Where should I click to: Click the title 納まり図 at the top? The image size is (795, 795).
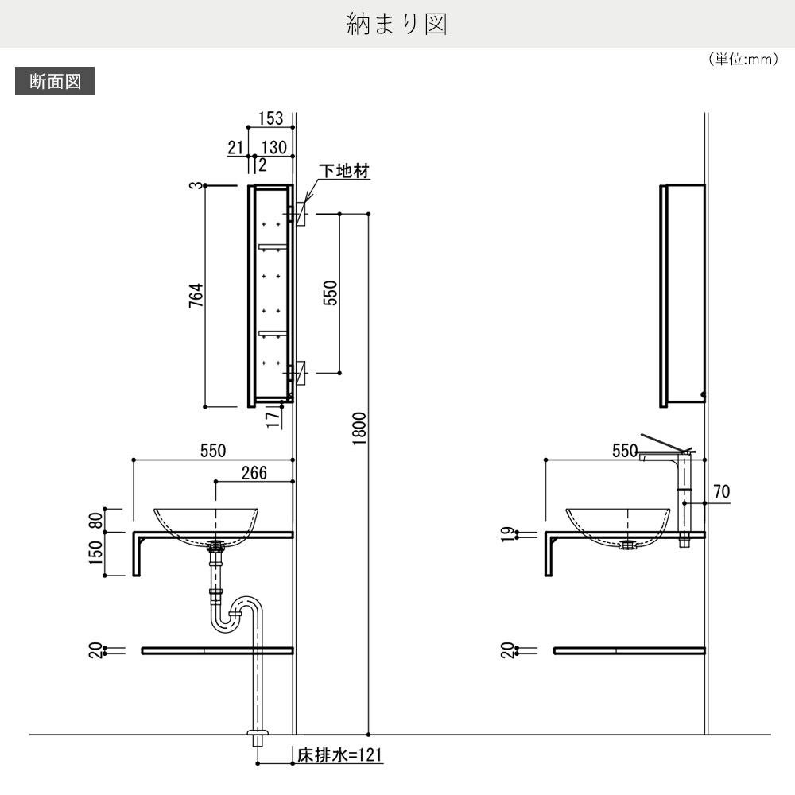pyautogui.click(x=397, y=24)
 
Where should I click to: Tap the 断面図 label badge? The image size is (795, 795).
pyautogui.click(x=55, y=81)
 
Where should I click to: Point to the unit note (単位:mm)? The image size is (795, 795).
pyautogui.click(x=742, y=60)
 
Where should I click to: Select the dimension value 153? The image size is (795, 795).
pyautogui.click(x=270, y=118)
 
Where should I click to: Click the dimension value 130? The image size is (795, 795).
pyautogui.click(x=273, y=147)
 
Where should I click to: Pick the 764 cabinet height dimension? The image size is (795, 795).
pyautogui.click(x=197, y=295)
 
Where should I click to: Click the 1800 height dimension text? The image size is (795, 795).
pyautogui.click(x=359, y=430)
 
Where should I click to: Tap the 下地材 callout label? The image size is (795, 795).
pyautogui.click(x=345, y=171)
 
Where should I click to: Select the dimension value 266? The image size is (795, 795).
pyautogui.click(x=254, y=473)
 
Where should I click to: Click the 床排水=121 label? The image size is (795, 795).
pyautogui.click(x=340, y=754)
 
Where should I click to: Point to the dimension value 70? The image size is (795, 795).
pyautogui.click(x=721, y=492)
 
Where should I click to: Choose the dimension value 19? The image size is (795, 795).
pyautogui.click(x=507, y=535)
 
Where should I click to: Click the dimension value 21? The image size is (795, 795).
pyautogui.click(x=235, y=147)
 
